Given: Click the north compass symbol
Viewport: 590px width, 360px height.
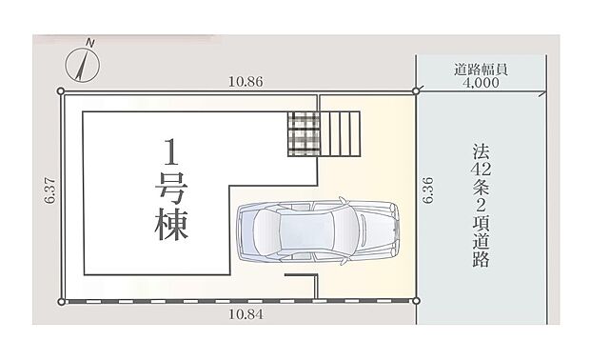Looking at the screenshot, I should coord(85,63).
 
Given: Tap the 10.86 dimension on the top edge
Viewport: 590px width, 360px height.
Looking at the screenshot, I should coord(246,82).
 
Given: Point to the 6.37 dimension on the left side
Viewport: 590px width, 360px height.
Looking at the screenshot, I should coord(49,196).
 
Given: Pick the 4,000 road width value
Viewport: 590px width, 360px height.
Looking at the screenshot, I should coord(482,83).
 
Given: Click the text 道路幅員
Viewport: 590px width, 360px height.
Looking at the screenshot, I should coord(482,69).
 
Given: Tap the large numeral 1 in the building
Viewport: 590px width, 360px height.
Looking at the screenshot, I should coord(171,152).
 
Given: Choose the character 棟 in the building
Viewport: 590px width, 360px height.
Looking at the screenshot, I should coord(171,225).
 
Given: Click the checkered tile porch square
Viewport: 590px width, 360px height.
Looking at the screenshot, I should coord(305,133).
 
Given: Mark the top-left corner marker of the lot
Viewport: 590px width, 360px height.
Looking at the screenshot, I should coord(62,91).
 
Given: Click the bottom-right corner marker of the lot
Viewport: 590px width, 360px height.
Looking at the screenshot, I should coord(416,301).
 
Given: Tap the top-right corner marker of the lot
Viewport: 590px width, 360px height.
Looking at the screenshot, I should coord(416,91).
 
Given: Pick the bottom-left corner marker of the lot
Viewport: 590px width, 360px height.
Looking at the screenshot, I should coord(62,301).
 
